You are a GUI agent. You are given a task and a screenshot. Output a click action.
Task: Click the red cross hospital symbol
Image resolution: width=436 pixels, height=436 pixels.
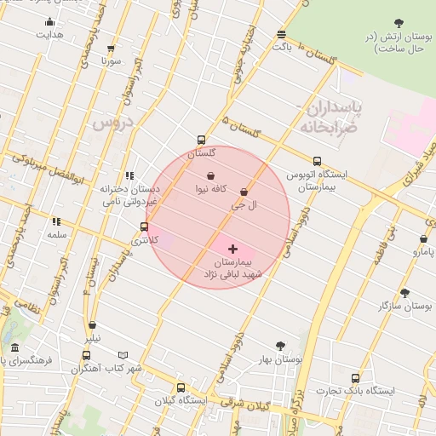(232, 249)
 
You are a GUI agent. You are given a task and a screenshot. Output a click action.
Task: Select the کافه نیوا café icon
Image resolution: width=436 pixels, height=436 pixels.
(210, 175)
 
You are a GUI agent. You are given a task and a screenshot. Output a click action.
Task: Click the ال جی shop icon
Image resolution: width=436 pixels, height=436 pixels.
(244, 192)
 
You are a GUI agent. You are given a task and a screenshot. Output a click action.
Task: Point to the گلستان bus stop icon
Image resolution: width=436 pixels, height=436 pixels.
(201, 141)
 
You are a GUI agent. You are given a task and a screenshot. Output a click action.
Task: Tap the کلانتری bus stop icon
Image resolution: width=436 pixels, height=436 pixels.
(144, 227)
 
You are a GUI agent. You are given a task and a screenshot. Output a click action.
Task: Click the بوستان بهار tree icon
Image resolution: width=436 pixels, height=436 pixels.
(280, 346)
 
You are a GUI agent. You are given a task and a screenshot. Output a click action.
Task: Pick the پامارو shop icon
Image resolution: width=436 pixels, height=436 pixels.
(423, 239)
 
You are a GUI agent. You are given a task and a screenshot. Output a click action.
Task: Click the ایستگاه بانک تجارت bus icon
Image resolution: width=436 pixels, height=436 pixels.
(355, 378)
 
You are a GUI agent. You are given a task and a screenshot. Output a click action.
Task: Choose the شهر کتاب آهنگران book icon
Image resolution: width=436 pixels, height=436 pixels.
(123, 356)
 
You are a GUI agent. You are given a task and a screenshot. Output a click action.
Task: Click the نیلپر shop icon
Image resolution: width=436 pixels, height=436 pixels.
(92, 324)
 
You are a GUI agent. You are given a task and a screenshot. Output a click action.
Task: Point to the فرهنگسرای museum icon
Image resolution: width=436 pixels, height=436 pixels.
(15, 347)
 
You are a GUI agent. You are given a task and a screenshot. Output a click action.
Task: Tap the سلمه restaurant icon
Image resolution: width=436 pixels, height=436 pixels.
(56, 221)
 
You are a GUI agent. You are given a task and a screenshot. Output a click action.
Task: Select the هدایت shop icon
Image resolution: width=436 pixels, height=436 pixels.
(49, 22)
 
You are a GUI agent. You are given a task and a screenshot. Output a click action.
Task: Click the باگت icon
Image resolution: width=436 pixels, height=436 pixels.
(281, 34)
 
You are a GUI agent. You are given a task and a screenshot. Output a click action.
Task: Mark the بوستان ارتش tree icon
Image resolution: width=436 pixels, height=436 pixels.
(399, 22)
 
